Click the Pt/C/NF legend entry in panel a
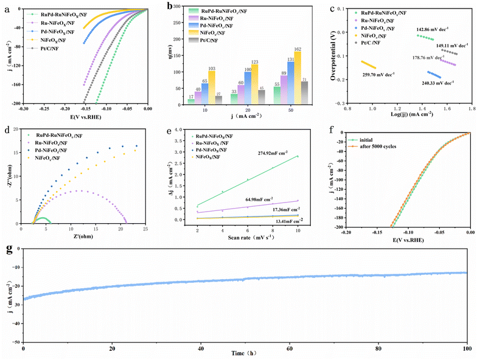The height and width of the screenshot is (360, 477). pyautogui.click(x=50, y=47)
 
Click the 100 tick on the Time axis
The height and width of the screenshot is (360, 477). pyautogui.click(x=467, y=349)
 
